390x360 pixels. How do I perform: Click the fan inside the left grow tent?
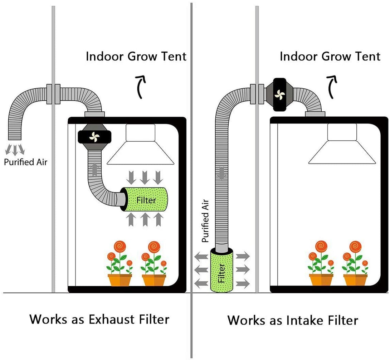click(x=94, y=137)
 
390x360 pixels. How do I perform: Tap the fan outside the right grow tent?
click(x=279, y=94)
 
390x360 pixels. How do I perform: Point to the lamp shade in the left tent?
click(x=141, y=144)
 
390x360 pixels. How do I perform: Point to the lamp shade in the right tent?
click(x=342, y=144)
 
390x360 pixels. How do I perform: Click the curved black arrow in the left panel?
click(x=141, y=87)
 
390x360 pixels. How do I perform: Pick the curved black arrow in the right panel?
click(x=332, y=87)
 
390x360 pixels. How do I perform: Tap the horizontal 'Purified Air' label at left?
click(x=26, y=162)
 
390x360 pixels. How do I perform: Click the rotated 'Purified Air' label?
click(x=205, y=221)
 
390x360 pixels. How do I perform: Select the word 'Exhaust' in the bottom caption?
click(x=112, y=319)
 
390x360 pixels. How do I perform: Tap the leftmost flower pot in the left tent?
click(x=120, y=279)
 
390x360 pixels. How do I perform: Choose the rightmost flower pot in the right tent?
click(x=355, y=279)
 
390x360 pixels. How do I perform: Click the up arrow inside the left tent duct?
click(x=94, y=170)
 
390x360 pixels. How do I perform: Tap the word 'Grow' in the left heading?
click(x=143, y=57)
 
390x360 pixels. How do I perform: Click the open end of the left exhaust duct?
click(x=15, y=138)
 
